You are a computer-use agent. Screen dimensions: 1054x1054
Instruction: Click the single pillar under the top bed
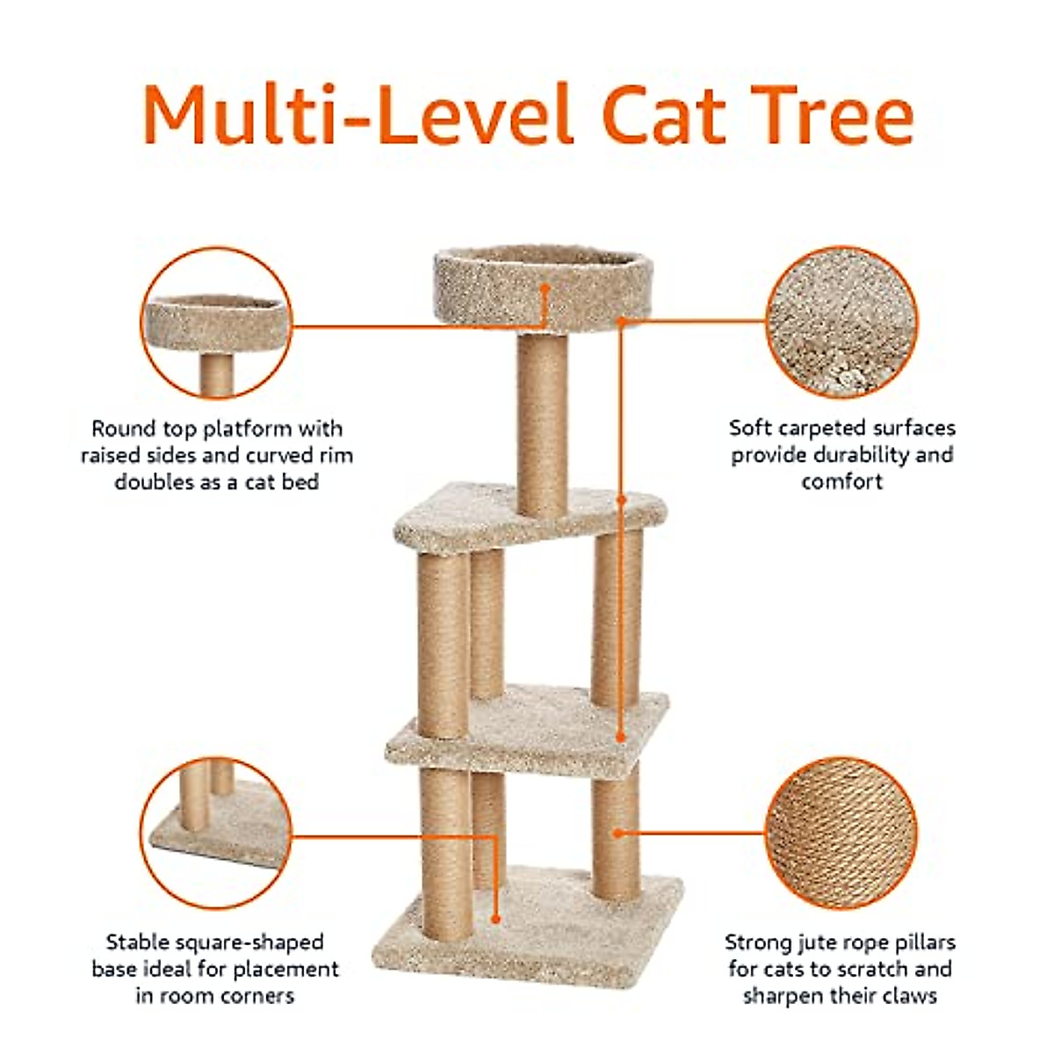(542, 422)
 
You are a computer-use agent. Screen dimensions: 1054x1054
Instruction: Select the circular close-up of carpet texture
(841, 321)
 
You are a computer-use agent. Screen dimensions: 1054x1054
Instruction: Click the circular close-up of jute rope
(841, 833)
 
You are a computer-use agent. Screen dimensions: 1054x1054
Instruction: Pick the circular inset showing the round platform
(216, 321)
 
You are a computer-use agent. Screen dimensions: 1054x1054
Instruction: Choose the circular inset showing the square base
(216, 833)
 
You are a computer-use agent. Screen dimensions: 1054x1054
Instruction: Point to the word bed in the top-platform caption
(300, 482)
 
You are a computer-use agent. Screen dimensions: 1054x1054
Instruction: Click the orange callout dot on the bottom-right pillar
(619, 832)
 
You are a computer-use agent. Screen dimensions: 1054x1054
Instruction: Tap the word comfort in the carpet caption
(841, 482)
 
